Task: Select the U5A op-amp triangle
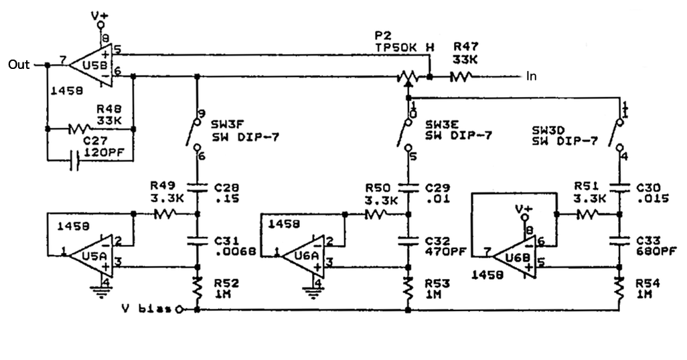87,254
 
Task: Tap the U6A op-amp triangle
301,254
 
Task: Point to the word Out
19,65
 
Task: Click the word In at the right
532,76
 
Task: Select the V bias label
145,309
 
